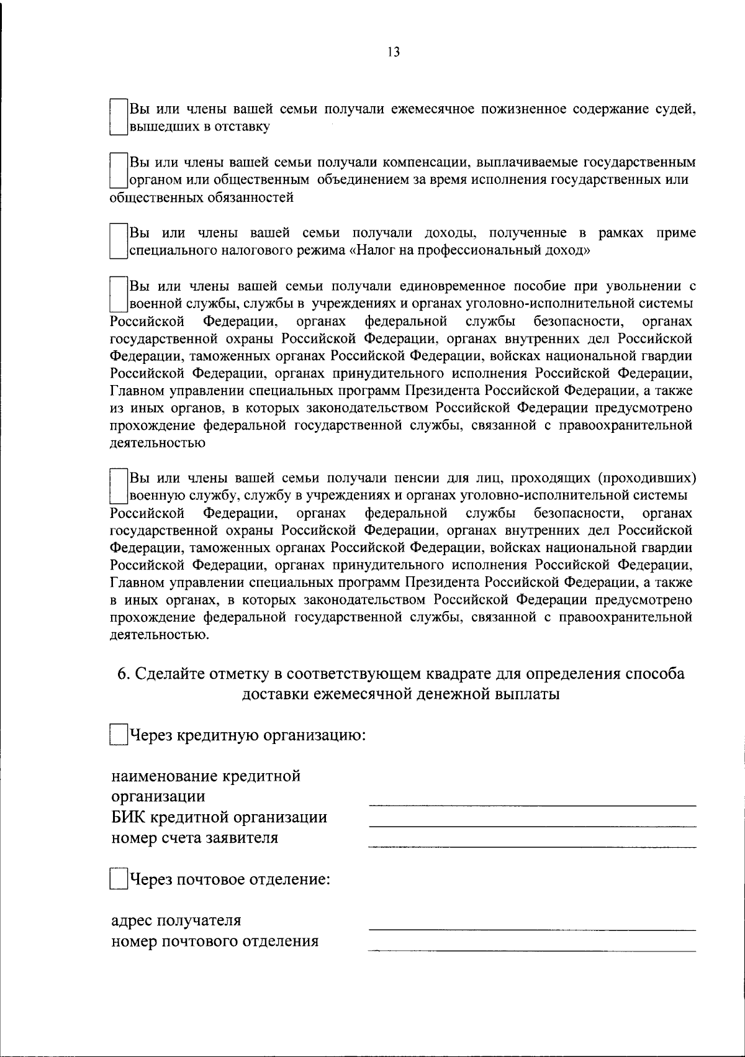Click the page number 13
click(392, 52)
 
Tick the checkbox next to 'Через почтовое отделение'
click(118, 879)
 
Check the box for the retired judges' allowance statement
click(118, 118)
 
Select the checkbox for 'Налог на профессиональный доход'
click(118, 242)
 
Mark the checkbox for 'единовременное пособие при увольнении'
click(118, 294)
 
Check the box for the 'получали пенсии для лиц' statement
click(118, 486)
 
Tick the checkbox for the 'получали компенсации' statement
click(118, 171)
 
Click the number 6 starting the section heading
click(123, 674)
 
